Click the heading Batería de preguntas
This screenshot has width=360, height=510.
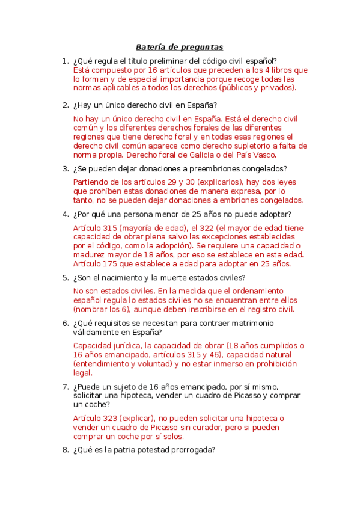179,46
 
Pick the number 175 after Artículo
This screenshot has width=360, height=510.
115,263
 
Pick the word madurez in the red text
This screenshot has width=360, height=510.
89,254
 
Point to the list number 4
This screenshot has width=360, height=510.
65,214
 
